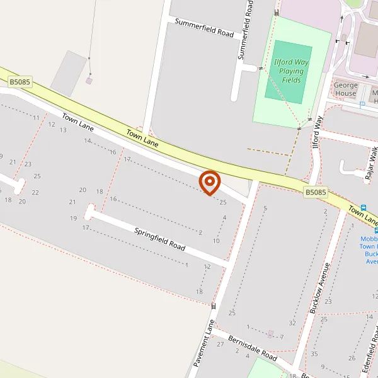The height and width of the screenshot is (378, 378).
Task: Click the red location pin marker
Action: (209, 183)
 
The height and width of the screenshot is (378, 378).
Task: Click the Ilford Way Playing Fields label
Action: (290, 71)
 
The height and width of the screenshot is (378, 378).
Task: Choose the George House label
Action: (345, 89)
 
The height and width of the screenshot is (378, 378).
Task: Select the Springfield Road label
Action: (160, 239)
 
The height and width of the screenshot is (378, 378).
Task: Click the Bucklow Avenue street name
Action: (321, 288)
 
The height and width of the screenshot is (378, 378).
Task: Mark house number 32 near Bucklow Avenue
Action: (292, 323)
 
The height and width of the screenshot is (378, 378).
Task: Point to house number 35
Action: (314, 353)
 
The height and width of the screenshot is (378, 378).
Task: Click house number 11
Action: (36, 118)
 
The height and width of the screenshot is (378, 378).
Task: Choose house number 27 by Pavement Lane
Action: (220, 344)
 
